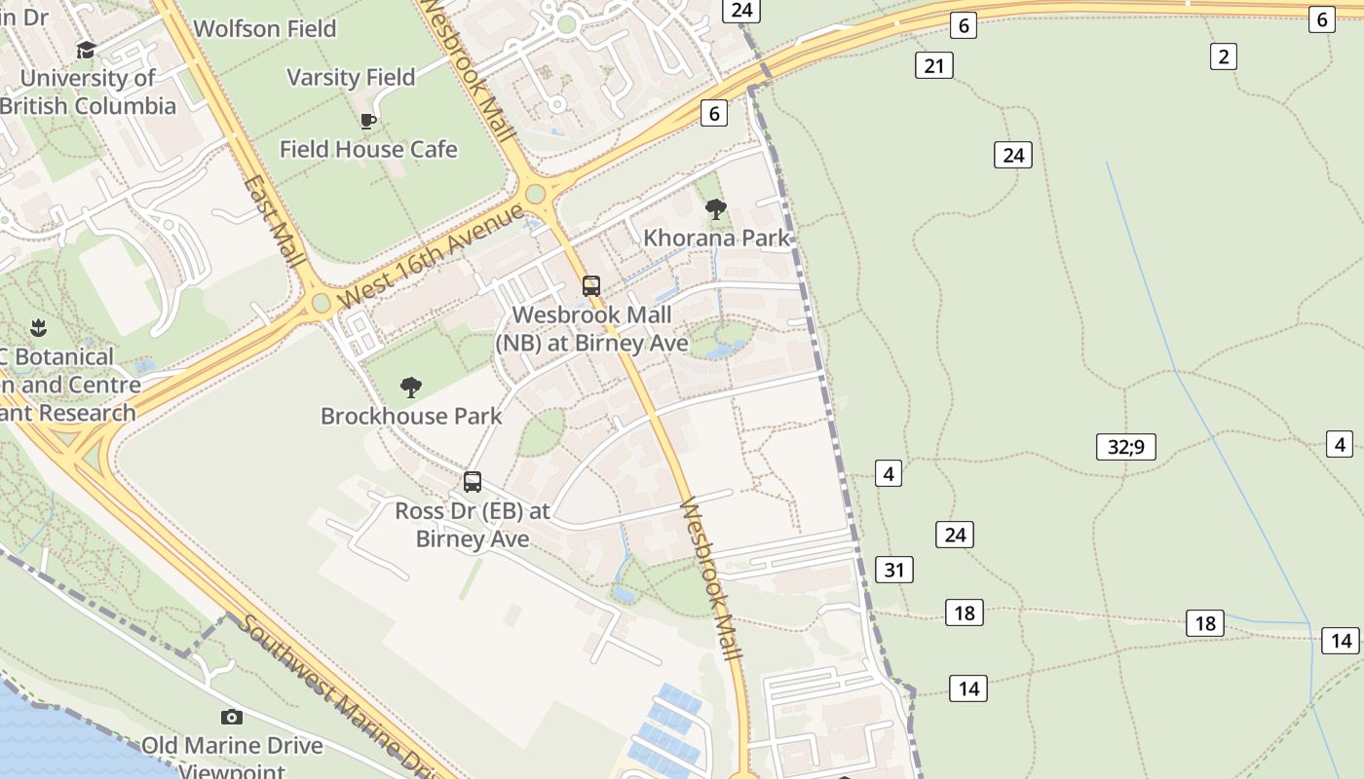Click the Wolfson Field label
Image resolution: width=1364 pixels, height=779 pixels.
point(265,29)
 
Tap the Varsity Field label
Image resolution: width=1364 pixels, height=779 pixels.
point(351,77)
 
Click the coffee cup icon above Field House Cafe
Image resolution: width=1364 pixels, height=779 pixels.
point(368,121)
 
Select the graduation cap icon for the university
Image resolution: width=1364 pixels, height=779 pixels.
point(87,50)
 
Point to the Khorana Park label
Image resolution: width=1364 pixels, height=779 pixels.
point(717,238)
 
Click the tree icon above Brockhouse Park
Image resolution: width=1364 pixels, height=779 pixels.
point(411,388)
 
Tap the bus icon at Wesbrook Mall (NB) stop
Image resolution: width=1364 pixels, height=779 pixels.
point(591,286)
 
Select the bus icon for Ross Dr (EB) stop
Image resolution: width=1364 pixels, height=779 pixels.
point(473,482)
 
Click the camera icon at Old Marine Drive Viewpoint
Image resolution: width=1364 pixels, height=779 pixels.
point(232,718)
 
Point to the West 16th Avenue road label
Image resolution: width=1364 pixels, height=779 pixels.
point(431,256)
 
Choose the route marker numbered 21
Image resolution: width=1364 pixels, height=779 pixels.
point(934,66)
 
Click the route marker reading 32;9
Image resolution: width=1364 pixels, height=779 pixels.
point(1125,447)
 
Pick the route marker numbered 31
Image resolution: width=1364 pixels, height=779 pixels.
point(894,570)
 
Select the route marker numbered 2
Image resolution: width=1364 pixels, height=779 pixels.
point(1223,56)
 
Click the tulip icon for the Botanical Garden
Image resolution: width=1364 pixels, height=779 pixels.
point(39,326)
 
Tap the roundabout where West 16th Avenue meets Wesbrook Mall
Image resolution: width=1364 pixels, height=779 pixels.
point(534,195)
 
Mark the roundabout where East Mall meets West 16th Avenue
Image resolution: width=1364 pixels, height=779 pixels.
point(322,304)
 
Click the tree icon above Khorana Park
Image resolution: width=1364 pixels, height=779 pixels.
point(716,208)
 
